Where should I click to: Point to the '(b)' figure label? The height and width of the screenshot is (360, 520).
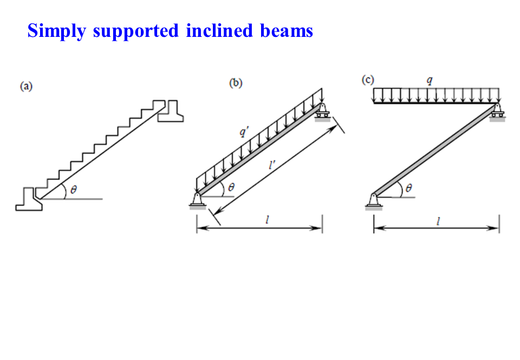coord(236,83)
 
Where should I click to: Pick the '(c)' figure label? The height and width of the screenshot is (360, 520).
coord(368,80)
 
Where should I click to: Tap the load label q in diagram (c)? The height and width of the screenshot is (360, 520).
coord(430,81)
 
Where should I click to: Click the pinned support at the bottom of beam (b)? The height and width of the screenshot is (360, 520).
coord(197,200)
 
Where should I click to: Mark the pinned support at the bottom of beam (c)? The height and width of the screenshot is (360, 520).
coord(373,201)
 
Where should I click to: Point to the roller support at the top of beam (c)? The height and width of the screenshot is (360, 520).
coord(497,112)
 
